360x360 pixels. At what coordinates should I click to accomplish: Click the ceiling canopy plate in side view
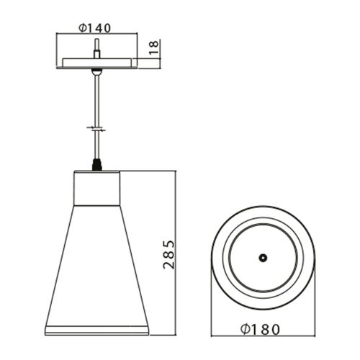tap(96, 62)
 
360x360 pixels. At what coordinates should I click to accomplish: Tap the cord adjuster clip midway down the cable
tap(96, 130)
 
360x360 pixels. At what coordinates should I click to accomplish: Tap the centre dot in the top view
tap(264, 257)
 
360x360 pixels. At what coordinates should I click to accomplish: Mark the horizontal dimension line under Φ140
tap(96, 35)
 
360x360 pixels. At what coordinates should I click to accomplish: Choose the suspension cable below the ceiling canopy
tap(96, 101)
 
